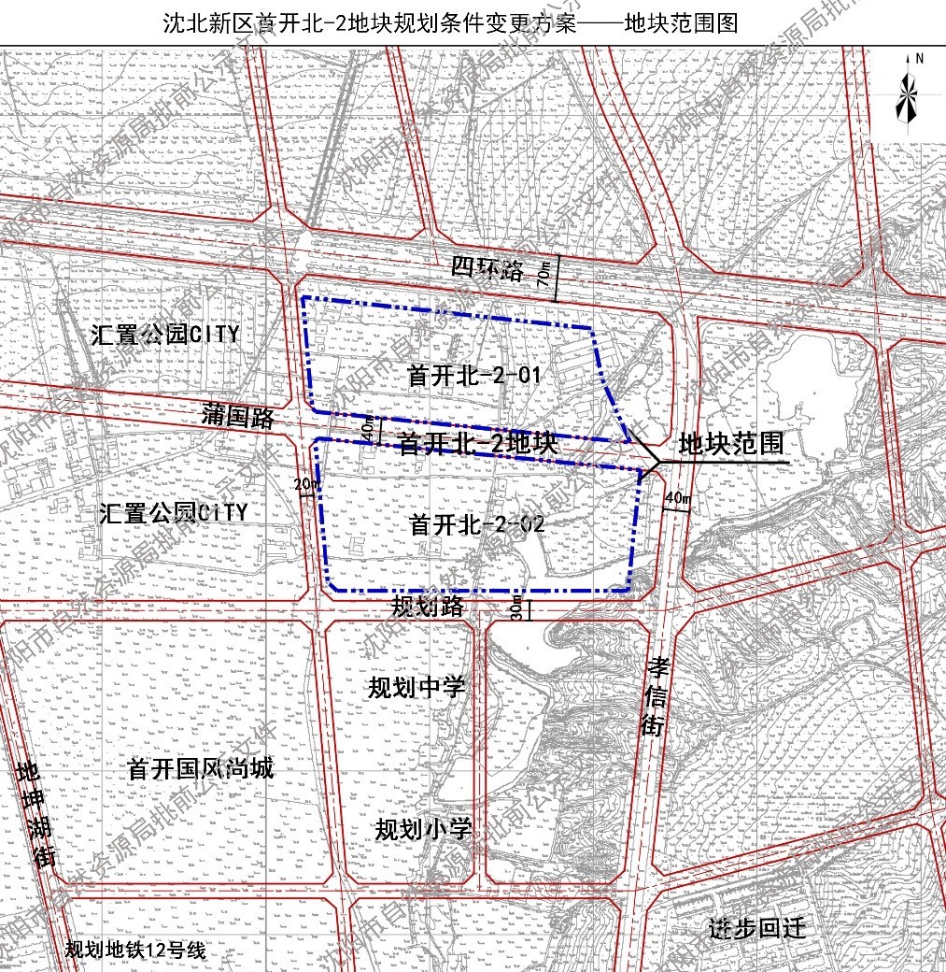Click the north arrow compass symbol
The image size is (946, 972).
tap(906, 91)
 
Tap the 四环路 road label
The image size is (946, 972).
tap(487, 270)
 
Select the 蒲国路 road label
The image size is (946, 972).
tap(238, 417)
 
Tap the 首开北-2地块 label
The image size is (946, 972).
tap(477, 444)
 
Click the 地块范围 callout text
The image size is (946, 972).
tap(731, 443)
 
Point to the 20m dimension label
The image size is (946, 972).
tap(304, 484)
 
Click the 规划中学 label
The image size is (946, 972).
tap(416, 688)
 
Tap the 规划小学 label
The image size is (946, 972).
tap(423, 829)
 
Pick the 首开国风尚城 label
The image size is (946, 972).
tap(201, 769)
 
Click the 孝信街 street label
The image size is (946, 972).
tap(657, 695)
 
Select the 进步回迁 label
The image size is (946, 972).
tap(756, 929)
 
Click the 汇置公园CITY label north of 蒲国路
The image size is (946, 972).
tap(165, 335)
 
